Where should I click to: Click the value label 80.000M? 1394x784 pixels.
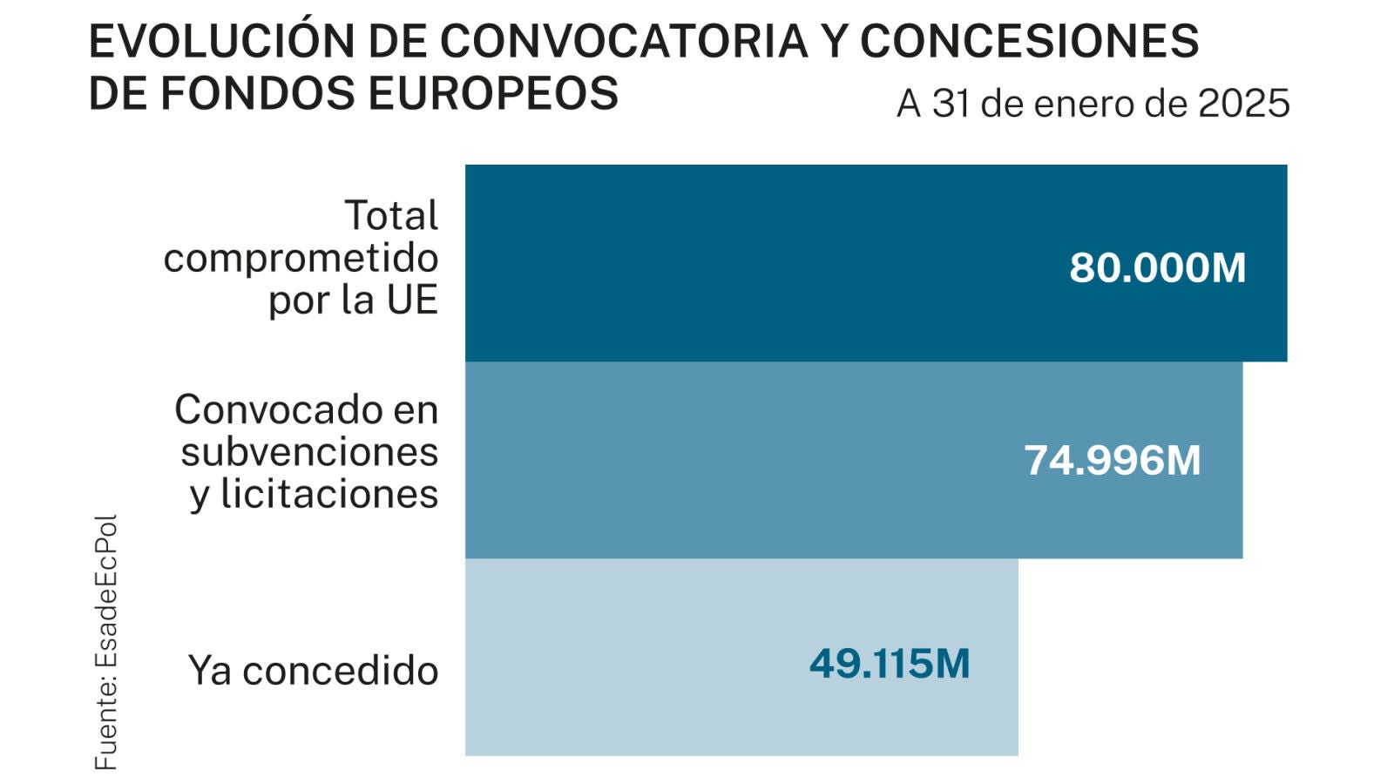1157,267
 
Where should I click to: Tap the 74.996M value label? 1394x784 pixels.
1112,461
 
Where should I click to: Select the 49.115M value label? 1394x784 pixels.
889,664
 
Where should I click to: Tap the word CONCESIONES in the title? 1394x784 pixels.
1029,41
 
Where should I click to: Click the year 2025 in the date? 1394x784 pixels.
1243,104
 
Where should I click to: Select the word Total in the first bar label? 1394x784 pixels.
391,216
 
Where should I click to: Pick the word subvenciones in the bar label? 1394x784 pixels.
309,452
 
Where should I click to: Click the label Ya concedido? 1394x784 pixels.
313,671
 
